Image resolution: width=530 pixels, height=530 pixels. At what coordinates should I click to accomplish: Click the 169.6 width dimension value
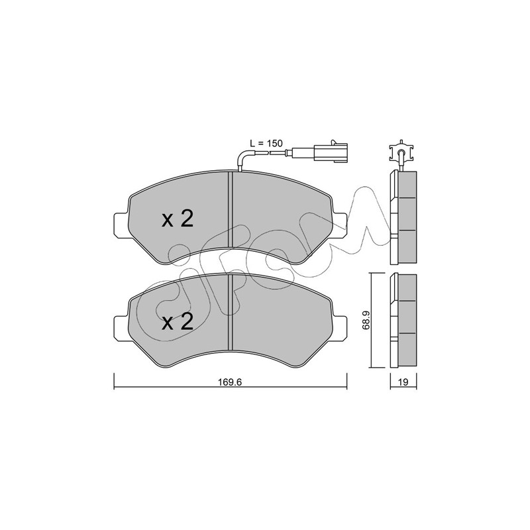point(230,382)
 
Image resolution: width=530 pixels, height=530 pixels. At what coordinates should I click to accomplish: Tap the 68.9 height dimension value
point(366,320)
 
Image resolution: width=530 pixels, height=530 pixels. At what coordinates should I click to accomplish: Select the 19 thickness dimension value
point(403,382)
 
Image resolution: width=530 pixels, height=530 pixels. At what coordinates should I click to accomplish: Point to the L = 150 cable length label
point(266,143)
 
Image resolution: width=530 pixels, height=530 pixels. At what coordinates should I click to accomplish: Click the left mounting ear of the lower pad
point(122,326)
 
